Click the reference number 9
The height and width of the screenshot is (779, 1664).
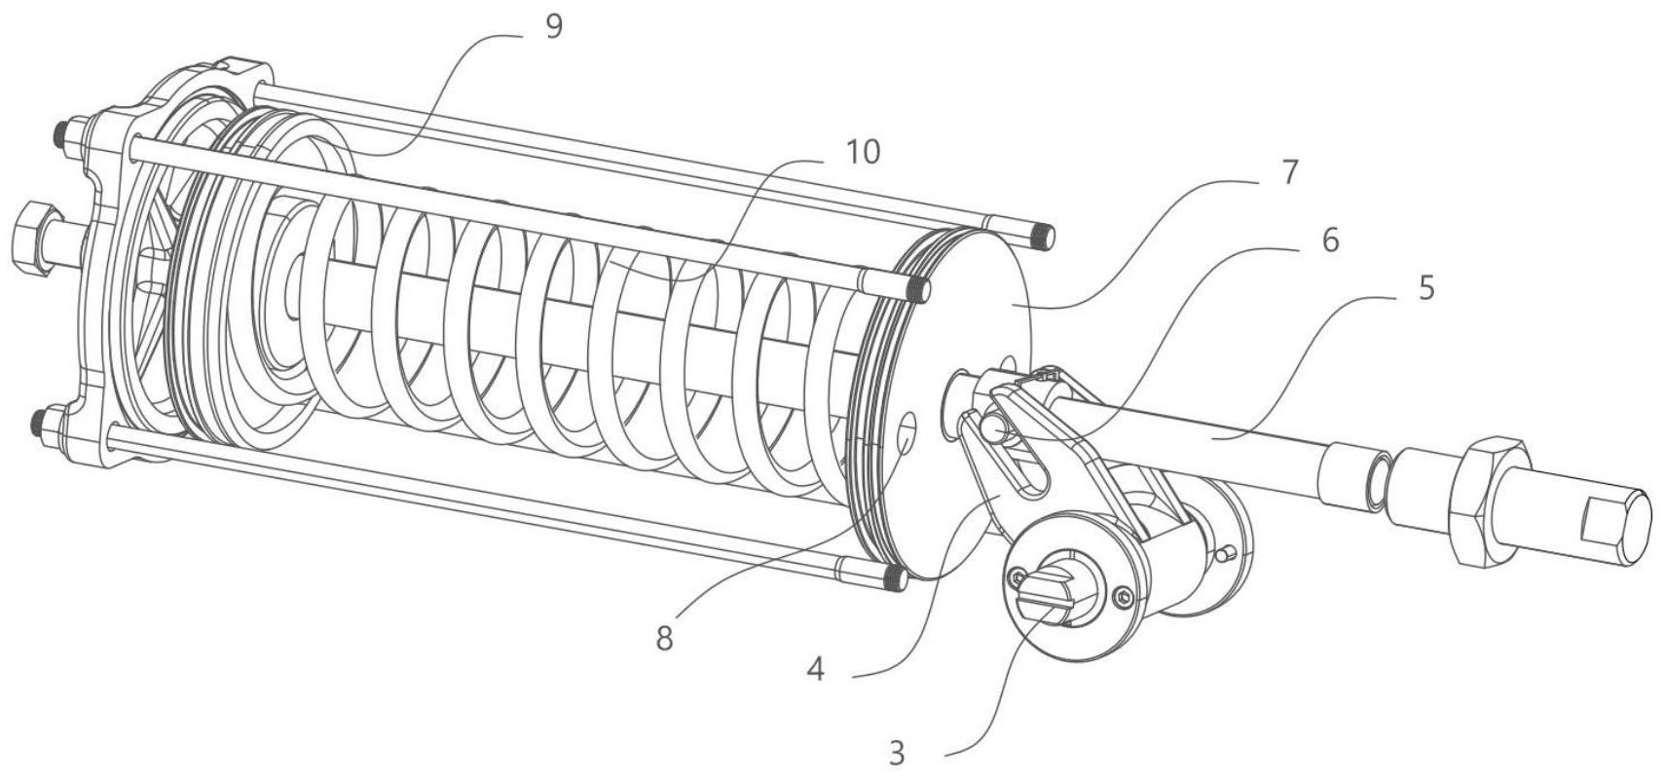553,26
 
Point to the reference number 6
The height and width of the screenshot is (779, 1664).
1328,239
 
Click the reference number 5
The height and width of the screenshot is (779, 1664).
1425,288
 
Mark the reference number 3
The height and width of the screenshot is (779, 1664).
897,753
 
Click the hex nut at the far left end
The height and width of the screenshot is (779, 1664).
32,239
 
